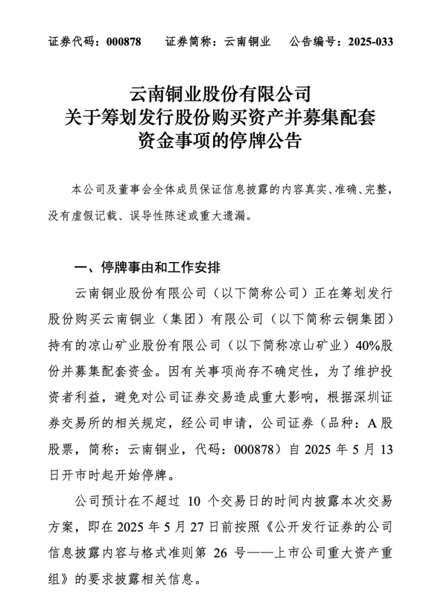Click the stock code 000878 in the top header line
click(x=124, y=42)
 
